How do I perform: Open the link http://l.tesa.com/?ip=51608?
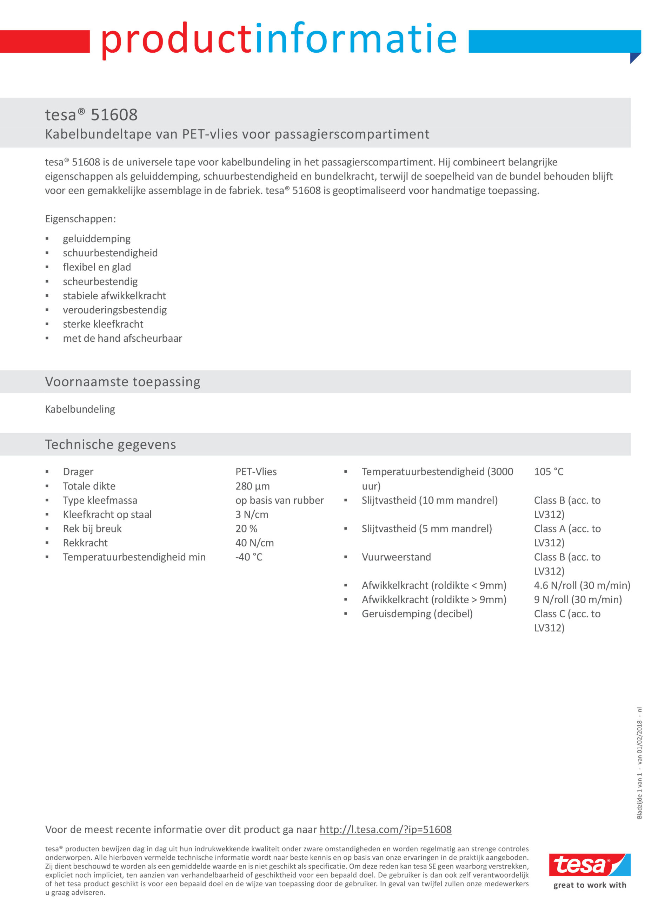click(385, 829)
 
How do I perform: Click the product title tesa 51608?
click(91, 115)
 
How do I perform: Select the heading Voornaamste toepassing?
click(122, 381)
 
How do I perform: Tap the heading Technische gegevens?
click(110, 444)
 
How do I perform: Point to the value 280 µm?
click(252, 486)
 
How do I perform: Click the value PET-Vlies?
click(256, 472)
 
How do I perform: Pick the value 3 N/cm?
click(252, 514)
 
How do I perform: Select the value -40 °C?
click(249, 557)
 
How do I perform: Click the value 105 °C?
click(548, 472)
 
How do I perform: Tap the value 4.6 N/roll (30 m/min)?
click(581, 585)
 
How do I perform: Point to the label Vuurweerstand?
click(396, 557)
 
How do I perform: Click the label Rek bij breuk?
click(92, 529)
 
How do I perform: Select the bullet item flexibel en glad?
click(97, 267)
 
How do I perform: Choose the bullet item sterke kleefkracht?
click(103, 324)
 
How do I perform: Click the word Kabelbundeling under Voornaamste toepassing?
click(80, 409)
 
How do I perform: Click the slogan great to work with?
click(590, 885)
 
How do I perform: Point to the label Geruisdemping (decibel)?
click(417, 614)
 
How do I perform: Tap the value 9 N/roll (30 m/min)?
click(578, 600)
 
